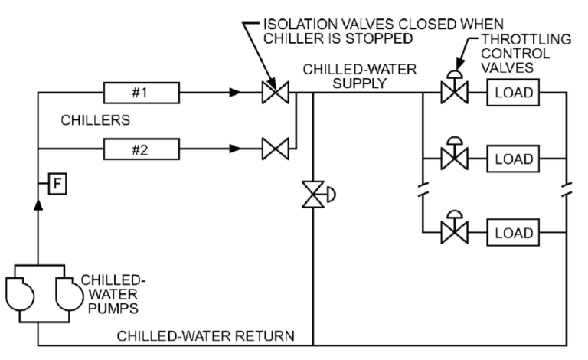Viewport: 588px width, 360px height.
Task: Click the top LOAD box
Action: tap(512, 94)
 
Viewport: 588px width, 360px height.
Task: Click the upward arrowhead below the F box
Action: tap(38, 208)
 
